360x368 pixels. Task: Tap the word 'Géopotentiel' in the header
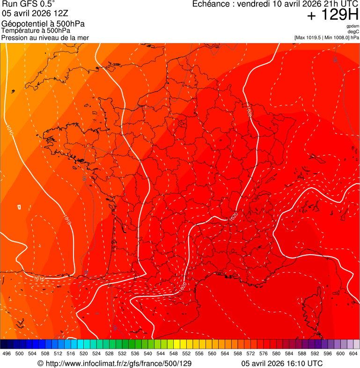tap(23, 24)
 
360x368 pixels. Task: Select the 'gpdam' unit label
tap(353, 26)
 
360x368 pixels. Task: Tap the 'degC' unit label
tap(353, 32)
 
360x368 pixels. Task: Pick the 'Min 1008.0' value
tap(336, 37)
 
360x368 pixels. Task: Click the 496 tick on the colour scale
tap(7, 353)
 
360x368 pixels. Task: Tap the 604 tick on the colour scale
tap(353, 353)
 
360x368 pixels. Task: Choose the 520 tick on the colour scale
tap(83, 353)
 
